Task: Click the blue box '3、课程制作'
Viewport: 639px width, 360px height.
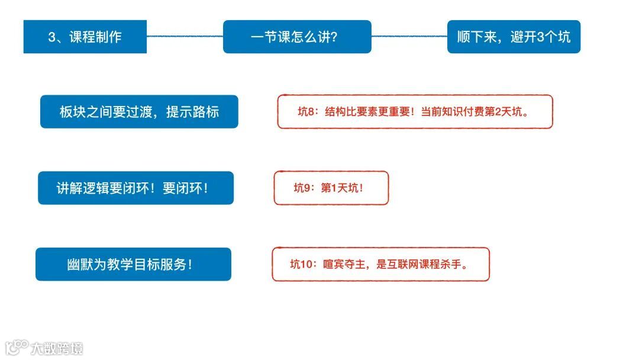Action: click(85, 37)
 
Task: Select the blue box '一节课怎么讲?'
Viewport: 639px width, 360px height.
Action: click(297, 37)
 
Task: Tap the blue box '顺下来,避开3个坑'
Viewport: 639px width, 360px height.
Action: click(514, 37)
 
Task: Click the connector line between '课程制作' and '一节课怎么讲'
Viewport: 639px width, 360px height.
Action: click(185, 36)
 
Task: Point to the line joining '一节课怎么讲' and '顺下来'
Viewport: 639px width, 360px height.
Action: click(409, 36)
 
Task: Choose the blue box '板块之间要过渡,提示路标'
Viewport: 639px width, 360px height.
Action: click(139, 111)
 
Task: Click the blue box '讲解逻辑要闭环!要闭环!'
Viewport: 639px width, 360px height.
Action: click(135, 188)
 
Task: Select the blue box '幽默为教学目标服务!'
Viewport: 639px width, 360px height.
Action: click(133, 264)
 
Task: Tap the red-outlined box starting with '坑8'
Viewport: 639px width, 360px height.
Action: click(415, 111)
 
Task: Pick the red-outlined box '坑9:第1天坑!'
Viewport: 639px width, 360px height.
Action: click(331, 188)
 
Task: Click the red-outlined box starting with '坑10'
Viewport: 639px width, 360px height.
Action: click(380, 264)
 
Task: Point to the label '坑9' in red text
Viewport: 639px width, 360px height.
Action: click(302, 188)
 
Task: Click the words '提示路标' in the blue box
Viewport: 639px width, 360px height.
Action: click(192, 111)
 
